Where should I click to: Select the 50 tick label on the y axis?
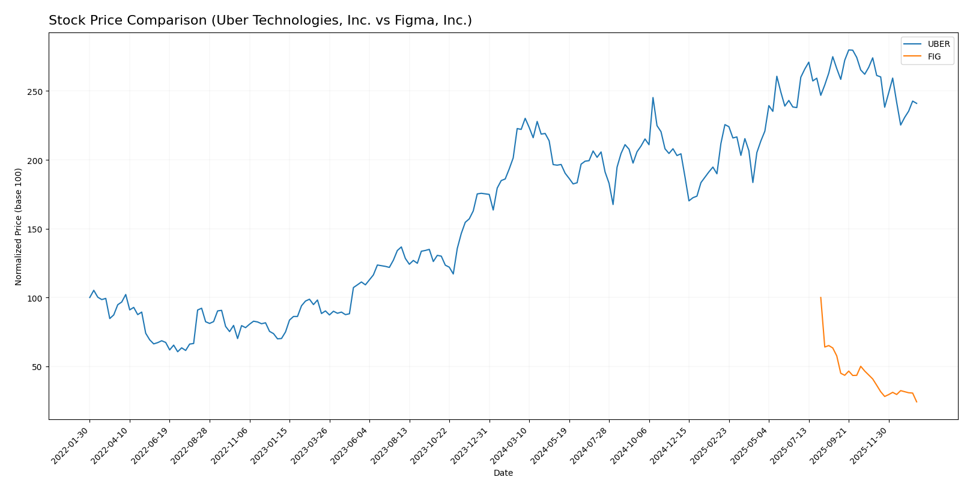click(x=38, y=366)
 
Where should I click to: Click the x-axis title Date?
click(x=503, y=473)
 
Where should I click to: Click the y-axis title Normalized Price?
click(x=19, y=226)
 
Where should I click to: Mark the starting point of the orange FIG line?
click(x=820, y=297)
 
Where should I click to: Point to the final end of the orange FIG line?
click(x=917, y=402)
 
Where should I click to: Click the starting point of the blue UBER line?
click(x=90, y=297)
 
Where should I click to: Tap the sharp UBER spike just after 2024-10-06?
click(x=653, y=98)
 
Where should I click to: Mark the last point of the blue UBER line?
click(x=917, y=103)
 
